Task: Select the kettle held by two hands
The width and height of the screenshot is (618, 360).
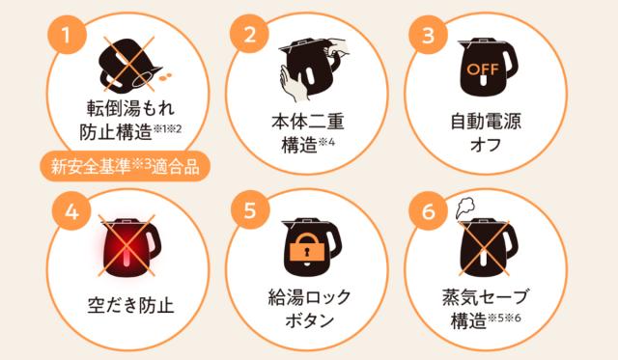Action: [x=308, y=68]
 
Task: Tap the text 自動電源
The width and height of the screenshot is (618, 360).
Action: [x=483, y=124]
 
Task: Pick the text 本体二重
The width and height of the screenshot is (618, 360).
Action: [x=308, y=124]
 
